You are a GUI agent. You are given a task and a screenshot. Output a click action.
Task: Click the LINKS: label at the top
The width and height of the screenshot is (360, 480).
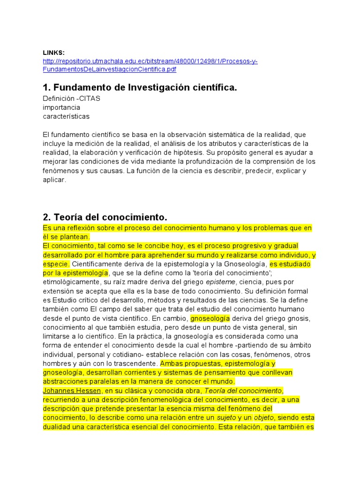pos(54,52)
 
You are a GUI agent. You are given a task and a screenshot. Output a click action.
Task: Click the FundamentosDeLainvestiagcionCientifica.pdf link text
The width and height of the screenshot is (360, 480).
pos(109,69)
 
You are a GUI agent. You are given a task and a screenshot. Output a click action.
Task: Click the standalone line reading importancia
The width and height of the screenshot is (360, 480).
pos(61,107)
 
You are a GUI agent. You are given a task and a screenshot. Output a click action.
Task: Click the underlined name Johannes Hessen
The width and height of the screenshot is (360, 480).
pos(72,390)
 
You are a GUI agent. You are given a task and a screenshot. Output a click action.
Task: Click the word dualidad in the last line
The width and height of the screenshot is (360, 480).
pos(57,427)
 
